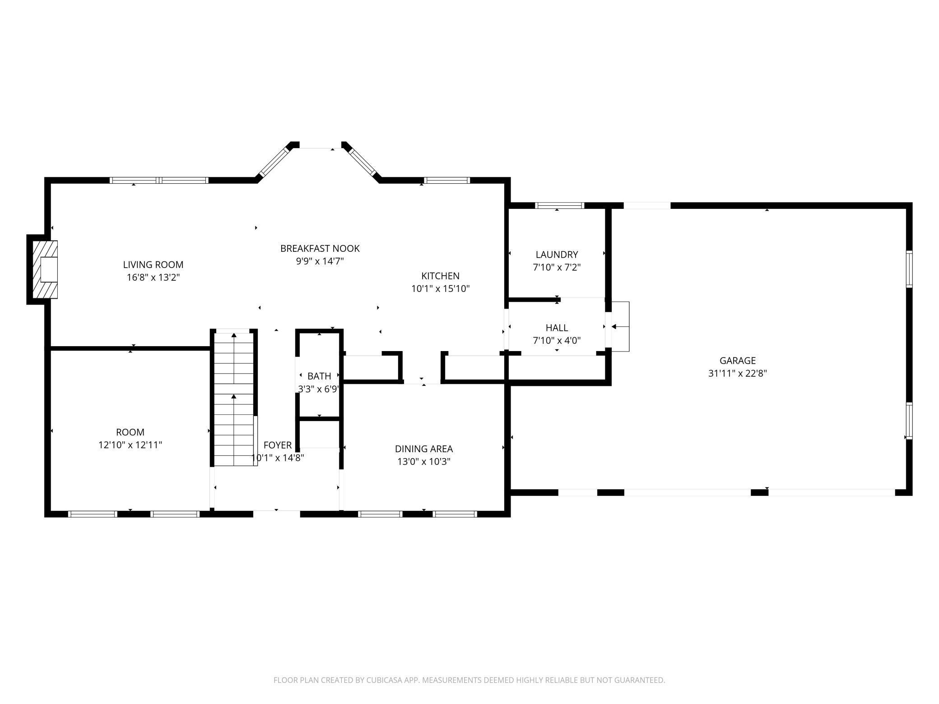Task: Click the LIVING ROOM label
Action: (153, 264)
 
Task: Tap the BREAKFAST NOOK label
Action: (320, 248)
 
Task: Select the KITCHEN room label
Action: (440, 276)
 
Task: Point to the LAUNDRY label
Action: (557, 255)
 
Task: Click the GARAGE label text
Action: (738, 361)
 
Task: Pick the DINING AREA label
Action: (423, 449)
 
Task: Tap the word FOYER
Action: (278, 445)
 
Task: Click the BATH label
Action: (319, 376)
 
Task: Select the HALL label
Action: (557, 328)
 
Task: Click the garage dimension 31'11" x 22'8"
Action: (738, 373)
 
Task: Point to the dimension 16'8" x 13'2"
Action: (153, 277)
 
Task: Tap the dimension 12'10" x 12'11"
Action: (130, 445)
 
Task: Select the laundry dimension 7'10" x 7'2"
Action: (557, 267)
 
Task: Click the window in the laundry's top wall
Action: (559, 206)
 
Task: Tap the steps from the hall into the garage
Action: (620, 326)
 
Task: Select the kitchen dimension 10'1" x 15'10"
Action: (440, 288)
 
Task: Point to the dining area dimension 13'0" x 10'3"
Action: (423, 461)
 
